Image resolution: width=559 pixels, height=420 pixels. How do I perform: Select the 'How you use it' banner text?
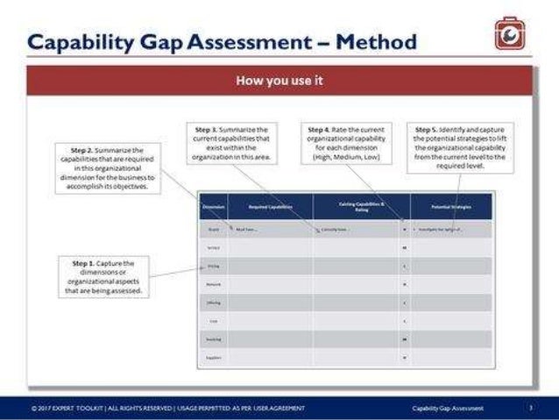[x=279, y=81]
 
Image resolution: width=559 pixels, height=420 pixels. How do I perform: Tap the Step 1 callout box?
[x=104, y=275]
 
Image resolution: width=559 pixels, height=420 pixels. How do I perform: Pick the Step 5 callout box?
[x=460, y=146]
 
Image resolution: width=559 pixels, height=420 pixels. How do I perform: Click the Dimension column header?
[x=213, y=207]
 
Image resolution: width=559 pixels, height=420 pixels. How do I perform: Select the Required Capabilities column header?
[x=270, y=207]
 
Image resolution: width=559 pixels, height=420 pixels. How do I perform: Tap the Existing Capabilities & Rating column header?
[x=361, y=207]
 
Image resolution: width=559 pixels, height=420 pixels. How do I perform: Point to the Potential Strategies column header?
[x=451, y=207]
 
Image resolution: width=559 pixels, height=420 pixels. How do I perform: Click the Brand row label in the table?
[x=213, y=229]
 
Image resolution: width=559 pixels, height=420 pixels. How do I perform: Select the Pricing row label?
[x=213, y=266]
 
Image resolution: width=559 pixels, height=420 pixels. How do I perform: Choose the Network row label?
[x=213, y=284]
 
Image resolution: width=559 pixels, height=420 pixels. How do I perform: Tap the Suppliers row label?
[x=213, y=358]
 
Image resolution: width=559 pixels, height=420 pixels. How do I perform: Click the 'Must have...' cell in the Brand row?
[x=247, y=229]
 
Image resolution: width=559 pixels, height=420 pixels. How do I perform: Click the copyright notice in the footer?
[x=166, y=408]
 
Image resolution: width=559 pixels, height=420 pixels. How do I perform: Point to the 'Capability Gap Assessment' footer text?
[x=449, y=408]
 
